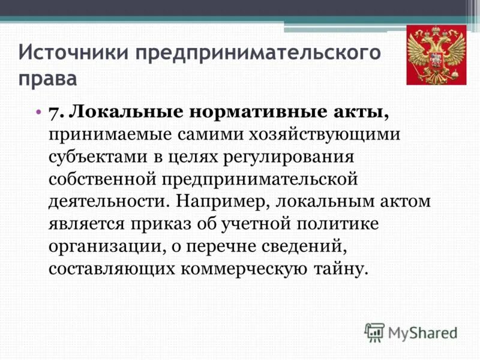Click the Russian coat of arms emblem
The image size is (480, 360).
436,55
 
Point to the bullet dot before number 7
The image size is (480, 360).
38,112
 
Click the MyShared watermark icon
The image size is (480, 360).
374,332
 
